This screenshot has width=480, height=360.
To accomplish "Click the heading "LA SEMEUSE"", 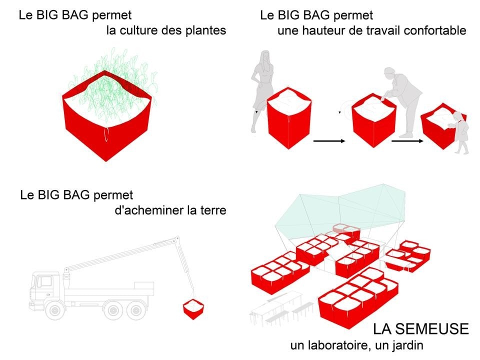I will click(420, 329).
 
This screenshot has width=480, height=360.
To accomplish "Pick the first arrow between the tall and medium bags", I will click(329, 142).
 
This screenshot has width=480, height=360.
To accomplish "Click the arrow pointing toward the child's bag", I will click(407, 142).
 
